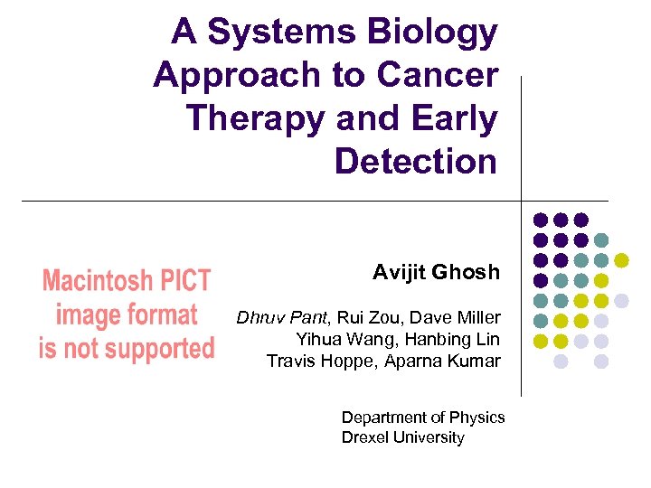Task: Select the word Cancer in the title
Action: click(x=444, y=76)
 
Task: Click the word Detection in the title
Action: click(x=416, y=162)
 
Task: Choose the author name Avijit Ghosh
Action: click(x=436, y=272)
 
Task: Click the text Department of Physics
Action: click(x=423, y=418)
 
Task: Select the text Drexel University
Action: click(x=402, y=438)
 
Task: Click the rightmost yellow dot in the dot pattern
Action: click(x=621, y=260)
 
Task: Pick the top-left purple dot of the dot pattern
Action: click(x=540, y=220)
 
